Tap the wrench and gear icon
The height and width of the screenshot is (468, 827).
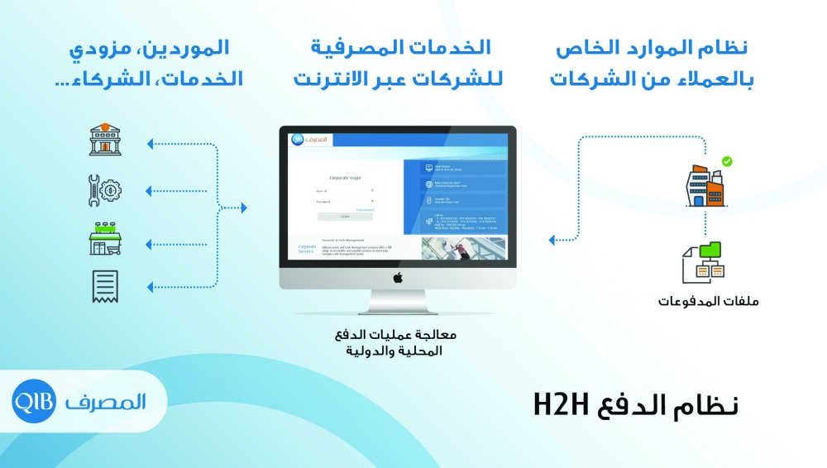(x=105, y=190)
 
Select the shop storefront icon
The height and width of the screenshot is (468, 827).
(x=105, y=239)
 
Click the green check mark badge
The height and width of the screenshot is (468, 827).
(x=727, y=161)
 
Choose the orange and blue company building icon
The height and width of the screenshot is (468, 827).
(x=705, y=186)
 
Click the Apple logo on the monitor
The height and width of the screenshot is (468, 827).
(x=397, y=277)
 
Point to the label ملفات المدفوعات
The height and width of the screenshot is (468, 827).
(x=708, y=301)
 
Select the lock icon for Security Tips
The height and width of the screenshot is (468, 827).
(x=428, y=199)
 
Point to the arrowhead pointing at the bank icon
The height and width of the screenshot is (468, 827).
(x=150, y=145)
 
